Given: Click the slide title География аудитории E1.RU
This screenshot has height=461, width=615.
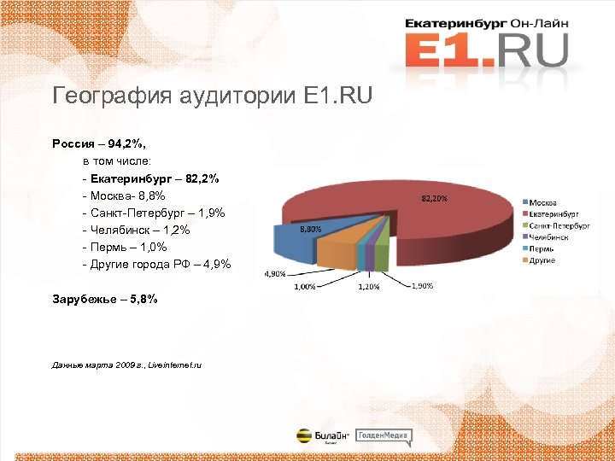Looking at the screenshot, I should (212, 95).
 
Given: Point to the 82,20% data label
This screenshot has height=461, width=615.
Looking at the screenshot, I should (434, 198).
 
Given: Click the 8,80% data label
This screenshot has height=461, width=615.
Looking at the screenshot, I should (309, 229).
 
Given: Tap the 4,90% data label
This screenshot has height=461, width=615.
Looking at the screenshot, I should (274, 274).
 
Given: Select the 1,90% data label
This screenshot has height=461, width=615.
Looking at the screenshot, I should (421, 286).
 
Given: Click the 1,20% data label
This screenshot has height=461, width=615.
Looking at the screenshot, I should (369, 288).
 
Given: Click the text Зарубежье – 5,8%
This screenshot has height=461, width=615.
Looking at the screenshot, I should (104, 300).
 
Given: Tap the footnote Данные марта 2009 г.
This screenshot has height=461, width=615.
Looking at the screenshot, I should (126, 365).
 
